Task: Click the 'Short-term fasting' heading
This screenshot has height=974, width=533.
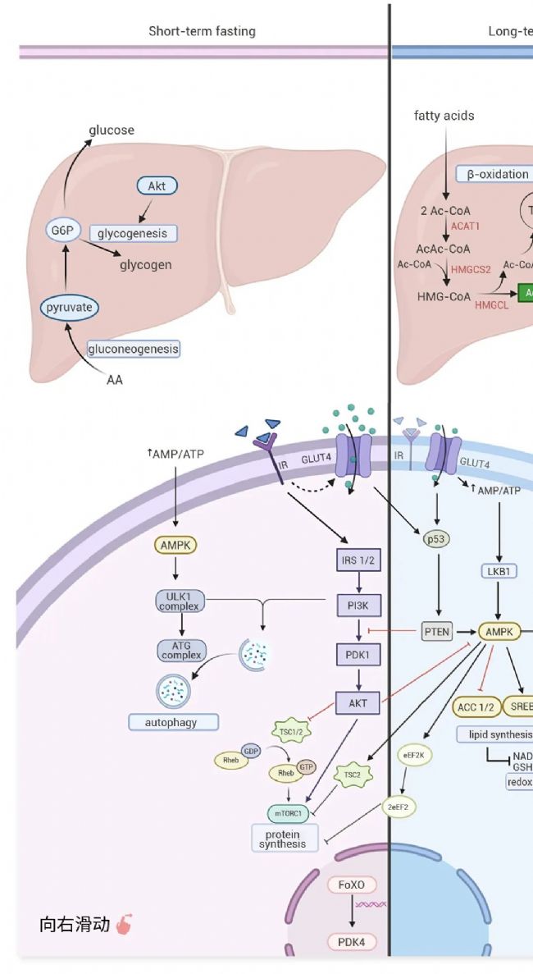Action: click(202, 31)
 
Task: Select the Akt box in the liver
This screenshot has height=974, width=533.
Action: click(157, 186)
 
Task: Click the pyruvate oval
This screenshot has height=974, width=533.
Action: click(70, 308)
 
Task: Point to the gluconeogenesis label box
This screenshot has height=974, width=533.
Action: click(133, 349)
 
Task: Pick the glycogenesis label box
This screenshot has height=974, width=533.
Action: click(133, 233)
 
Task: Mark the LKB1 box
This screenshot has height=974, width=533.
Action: click(499, 571)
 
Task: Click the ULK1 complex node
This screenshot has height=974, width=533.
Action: click(181, 601)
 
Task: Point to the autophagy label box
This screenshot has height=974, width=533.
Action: click(174, 722)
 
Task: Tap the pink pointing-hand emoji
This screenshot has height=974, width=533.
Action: click(124, 924)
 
